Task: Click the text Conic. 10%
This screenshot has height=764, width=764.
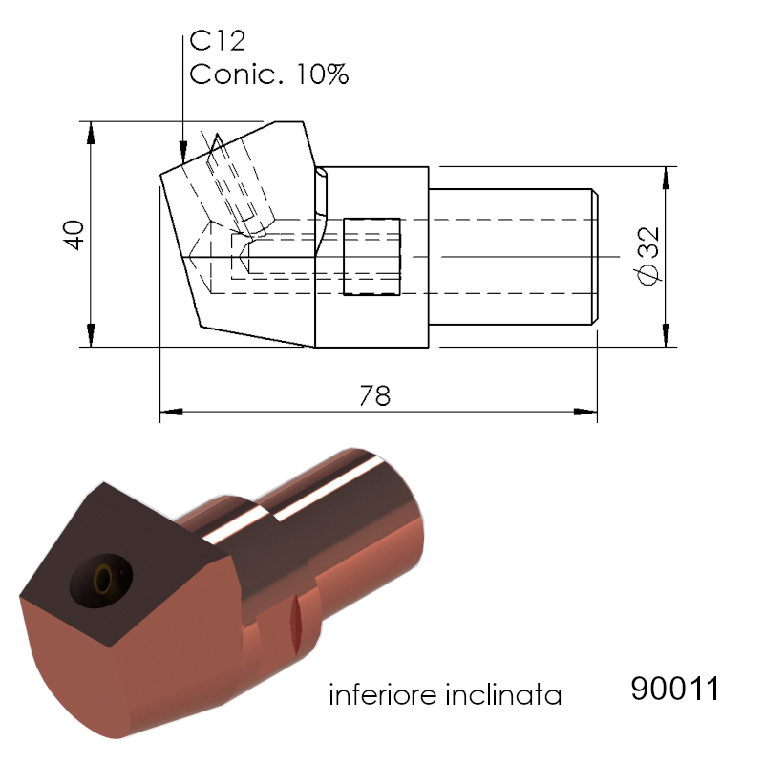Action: pyautogui.click(x=269, y=74)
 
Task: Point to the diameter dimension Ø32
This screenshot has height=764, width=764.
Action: pyautogui.click(x=648, y=255)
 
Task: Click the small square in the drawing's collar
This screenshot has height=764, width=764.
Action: pyautogui.click(x=371, y=257)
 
